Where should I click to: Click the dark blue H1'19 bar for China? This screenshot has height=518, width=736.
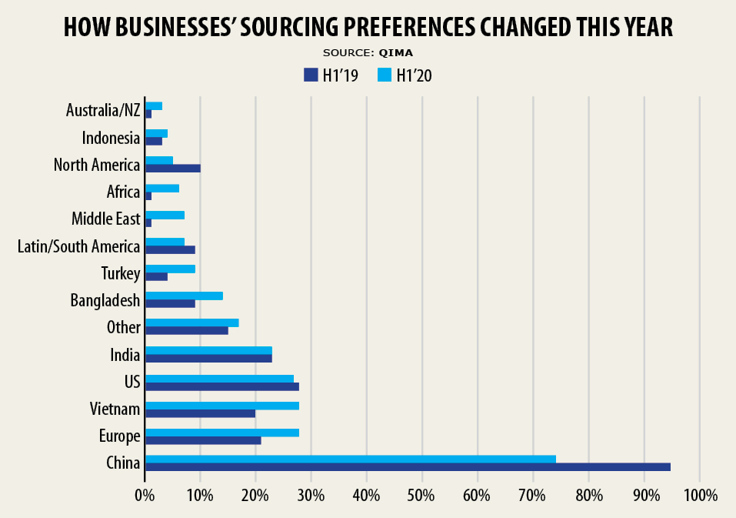[x=408, y=467]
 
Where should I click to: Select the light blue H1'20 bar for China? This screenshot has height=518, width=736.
[x=350, y=459]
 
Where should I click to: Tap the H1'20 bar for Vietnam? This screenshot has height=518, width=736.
[x=221, y=405]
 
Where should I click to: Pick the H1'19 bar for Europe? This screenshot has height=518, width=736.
[x=203, y=440]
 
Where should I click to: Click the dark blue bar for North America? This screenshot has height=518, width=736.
[x=172, y=169]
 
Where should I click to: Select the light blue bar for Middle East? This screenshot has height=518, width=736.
[x=165, y=215]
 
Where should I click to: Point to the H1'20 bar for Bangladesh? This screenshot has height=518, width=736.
[x=184, y=296]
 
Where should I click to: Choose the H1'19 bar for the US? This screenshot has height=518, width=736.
[x=221, y=386]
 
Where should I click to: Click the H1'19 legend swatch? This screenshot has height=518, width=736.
[x=311, y=75]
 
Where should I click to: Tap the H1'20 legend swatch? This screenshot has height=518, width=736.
[x=385, y=75]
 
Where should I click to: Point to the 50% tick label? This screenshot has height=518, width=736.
[x=421, y=494]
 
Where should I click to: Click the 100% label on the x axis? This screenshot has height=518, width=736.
[x=699, y=494]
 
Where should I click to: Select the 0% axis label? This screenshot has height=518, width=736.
[x=145, y=494]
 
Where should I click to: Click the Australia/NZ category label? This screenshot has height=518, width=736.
[x=103, y=110]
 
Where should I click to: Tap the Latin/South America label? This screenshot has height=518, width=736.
[x=78, y=246]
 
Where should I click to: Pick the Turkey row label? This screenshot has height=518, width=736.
[x=121, y=273]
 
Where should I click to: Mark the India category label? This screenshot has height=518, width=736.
[x=125, y=355]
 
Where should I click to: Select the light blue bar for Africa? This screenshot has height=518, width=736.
[x=162, y=188]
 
